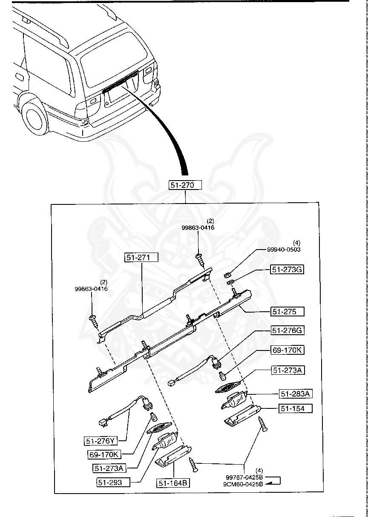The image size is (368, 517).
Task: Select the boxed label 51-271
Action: pyautogui.click(x=141, y=257)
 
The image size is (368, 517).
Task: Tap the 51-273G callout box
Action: pyautogui.click(x=287, y=270)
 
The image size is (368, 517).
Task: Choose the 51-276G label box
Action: pyautogui.click(x=288, y=330)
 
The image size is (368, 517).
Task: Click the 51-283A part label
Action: pyautogui.click(x=296, y=394)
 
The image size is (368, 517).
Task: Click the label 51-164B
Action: pyautogui.click(x=174, y=483)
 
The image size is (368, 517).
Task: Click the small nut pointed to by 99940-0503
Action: pyautogui.click(x=227, y=275)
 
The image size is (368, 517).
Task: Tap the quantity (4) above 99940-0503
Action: pyautogui.click(x=297, y=243)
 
